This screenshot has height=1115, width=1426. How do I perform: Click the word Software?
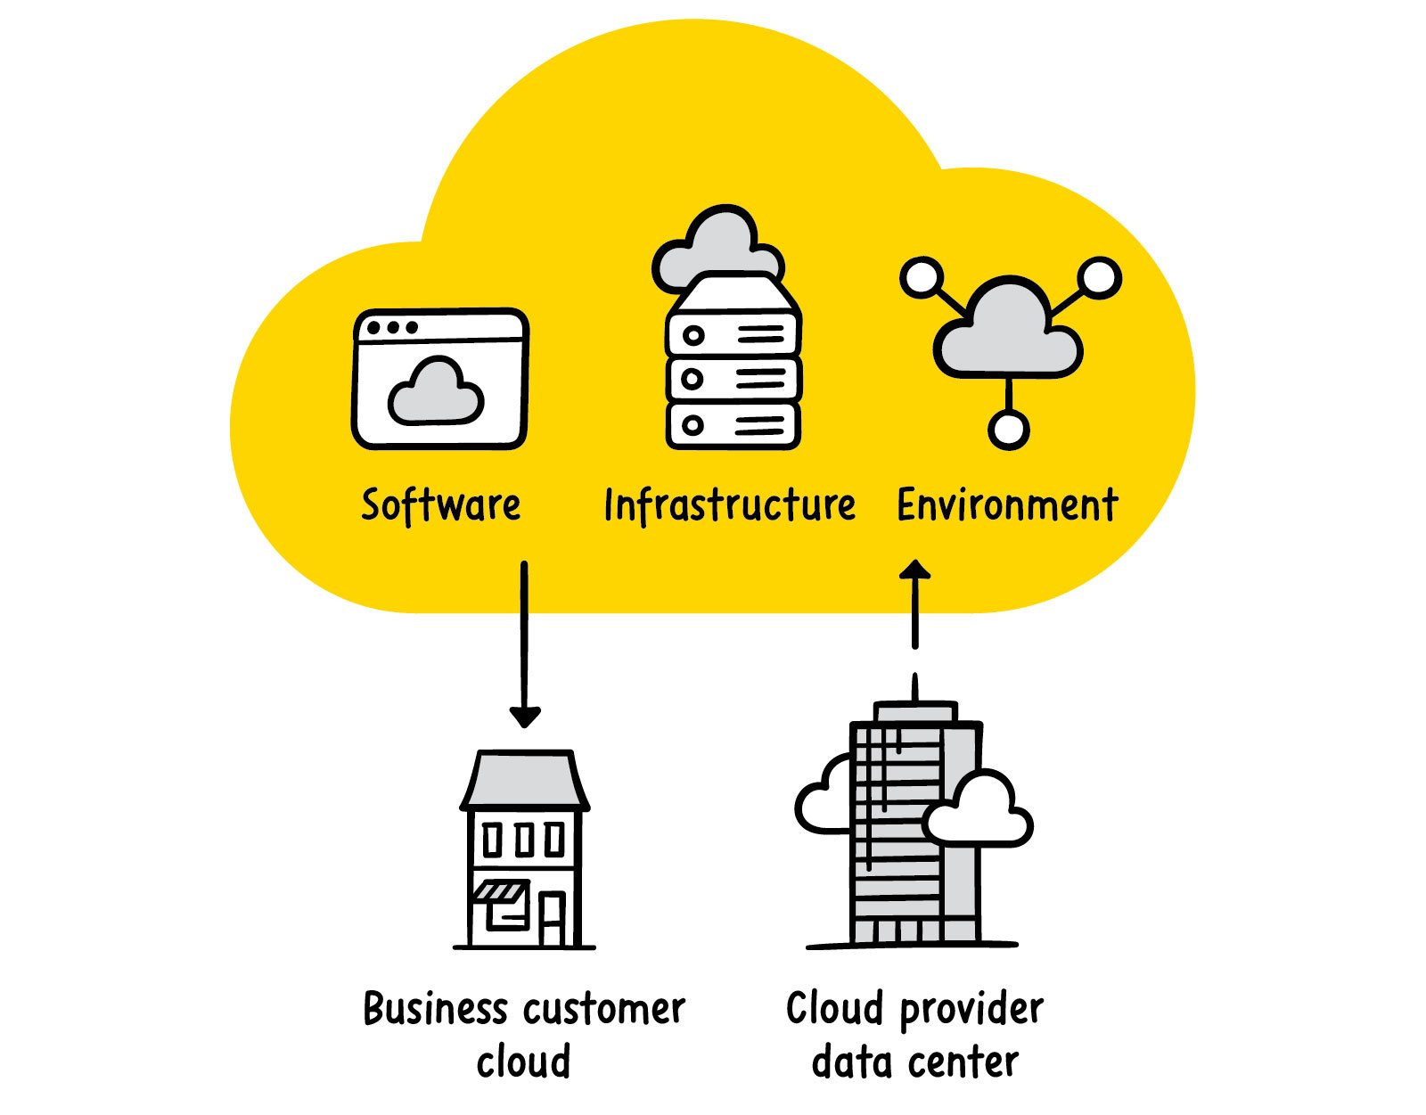440,504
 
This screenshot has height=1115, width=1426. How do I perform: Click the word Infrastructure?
729,505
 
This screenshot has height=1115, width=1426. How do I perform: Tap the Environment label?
1007,505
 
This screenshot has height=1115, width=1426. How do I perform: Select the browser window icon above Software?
440,379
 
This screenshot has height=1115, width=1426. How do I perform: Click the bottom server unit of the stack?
733,426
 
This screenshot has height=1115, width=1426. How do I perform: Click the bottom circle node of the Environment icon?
1008,429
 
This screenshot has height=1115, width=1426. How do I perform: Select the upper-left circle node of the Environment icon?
921,278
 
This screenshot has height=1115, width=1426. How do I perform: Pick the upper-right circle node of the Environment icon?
1101,278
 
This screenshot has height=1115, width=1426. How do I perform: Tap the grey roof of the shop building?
524,779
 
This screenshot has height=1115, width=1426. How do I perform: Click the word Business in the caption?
435,1010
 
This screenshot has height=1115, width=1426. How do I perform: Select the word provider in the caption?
971,1010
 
